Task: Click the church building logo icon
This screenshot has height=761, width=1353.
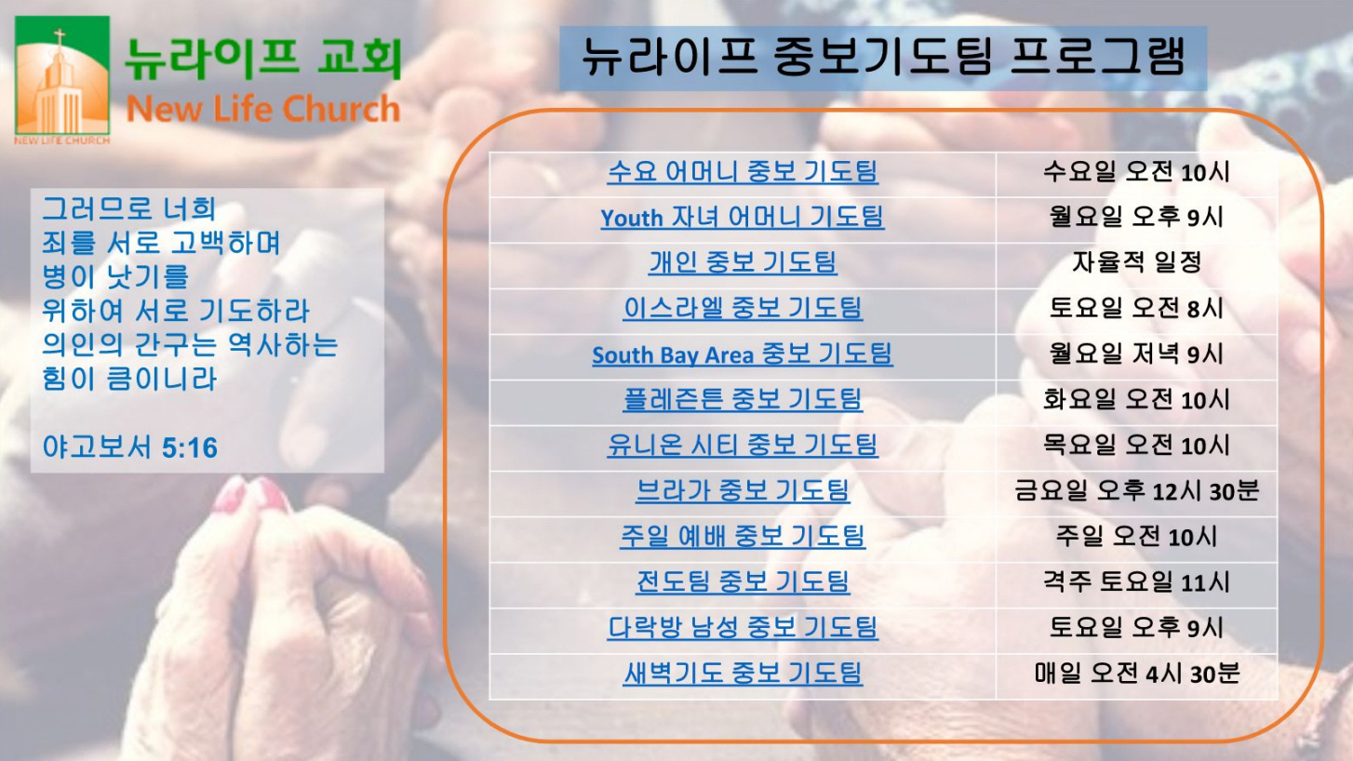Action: tap(62, 75)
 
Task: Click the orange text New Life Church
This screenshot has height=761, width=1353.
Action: tap(263, 109)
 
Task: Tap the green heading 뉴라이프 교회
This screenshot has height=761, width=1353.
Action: tap(263, 58)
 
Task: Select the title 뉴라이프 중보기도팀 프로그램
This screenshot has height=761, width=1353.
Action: tap(882, 57)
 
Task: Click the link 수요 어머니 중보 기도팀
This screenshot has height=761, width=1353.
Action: tap(743, 171)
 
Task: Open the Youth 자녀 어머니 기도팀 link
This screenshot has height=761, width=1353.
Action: tap(743, 217)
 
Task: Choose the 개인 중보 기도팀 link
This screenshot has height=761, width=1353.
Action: tap(743, 262)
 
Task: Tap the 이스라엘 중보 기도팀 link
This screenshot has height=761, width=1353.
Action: tap(743, 308)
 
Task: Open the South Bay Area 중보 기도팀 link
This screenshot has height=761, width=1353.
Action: tap(743, 354)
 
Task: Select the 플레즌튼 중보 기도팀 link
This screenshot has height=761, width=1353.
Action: tap(743, 399)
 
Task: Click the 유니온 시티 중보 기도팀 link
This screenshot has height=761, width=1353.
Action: tap(743, 445)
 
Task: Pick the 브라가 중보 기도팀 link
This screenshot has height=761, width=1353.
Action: tap(743, 490)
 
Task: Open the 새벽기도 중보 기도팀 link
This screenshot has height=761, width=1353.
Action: tap(743, 673)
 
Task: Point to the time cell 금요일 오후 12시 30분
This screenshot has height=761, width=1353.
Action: tap(1136, 490)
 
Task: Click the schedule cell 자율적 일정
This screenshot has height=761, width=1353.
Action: tap(1136, 262)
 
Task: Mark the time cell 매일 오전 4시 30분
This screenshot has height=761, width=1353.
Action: tap(1136, 673)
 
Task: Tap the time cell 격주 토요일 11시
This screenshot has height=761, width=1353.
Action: tap(1136, 581)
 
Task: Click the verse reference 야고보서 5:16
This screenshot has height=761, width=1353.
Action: tap(130, 447)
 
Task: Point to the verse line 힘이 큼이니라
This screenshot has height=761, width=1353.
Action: tap(130, 380)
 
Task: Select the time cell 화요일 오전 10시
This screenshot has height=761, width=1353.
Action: tap(1136, 399)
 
